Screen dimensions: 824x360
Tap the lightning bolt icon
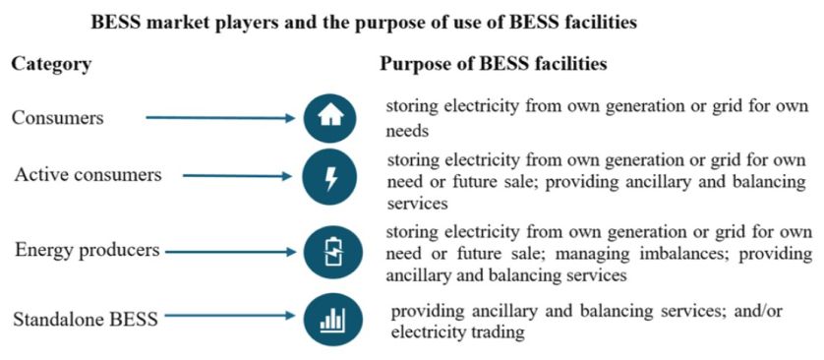(330, 177)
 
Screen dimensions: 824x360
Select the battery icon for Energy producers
(330, 252)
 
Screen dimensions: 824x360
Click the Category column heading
(51, 64)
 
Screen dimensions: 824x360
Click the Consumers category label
(57, 118)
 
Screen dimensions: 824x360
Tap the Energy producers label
(87, 251)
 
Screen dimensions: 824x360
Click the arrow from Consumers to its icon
(220, 118)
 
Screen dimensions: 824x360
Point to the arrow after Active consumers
(239, 177)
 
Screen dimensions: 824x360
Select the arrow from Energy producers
(230, 252)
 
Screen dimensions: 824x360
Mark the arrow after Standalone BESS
(239, 317)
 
